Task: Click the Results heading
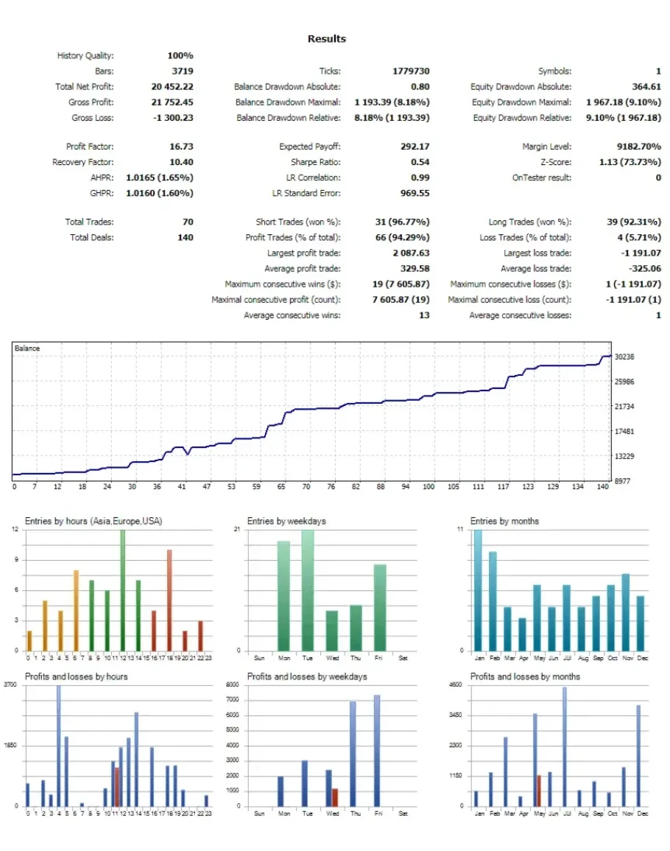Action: pyautogui.click(x=326, y=39)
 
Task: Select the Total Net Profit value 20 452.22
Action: pyautogui.click(x=172, y=87)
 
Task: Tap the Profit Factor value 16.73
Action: pyautogui.click(x=181, y=147)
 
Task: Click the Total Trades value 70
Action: pyautogui.click(x=187, y=222)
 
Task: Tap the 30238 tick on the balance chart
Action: pyautogui.click(x=624, y=357)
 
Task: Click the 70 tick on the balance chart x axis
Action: pyautogui.click(x=306, y=487)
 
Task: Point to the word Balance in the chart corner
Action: pyautogui.click(x=27, y=348)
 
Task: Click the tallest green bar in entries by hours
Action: pyautogui.click(x=122, y=589)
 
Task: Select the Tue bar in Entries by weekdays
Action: pyautogui.click(x=307, y=589)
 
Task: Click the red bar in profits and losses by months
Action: pyautogui.click(x=538, y=790)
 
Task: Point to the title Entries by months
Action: pyautogui.click(x=504, y=521)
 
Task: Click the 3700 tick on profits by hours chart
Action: pyautogui.click(x=10, y=685)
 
